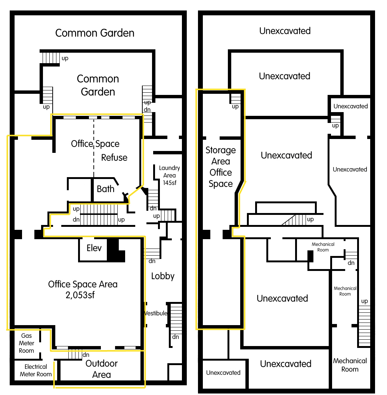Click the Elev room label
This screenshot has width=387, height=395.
[94, 248]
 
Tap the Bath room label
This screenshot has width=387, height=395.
[106, 189]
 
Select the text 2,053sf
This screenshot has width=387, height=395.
[83, 295]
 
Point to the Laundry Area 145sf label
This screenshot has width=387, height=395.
[169, 175]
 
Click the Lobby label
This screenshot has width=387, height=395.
[163, 276]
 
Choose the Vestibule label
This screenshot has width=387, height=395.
[156, 313]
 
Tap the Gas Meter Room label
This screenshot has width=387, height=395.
[27, 343]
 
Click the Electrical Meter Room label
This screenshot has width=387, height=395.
[36, 370]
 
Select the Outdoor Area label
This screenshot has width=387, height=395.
[102, 369]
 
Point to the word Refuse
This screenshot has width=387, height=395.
[114, 157]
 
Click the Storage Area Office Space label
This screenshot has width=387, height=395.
[221, 167]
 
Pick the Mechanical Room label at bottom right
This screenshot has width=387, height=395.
[350, 365]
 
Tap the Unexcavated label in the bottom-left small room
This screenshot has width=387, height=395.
[223, 373]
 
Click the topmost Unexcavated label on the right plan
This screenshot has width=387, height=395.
[285, 31]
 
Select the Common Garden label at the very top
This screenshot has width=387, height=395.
[95, 33]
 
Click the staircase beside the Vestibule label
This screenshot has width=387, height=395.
[176, 317]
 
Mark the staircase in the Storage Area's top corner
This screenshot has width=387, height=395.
[235, 98]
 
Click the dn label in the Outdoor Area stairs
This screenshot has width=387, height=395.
[86, 355]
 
